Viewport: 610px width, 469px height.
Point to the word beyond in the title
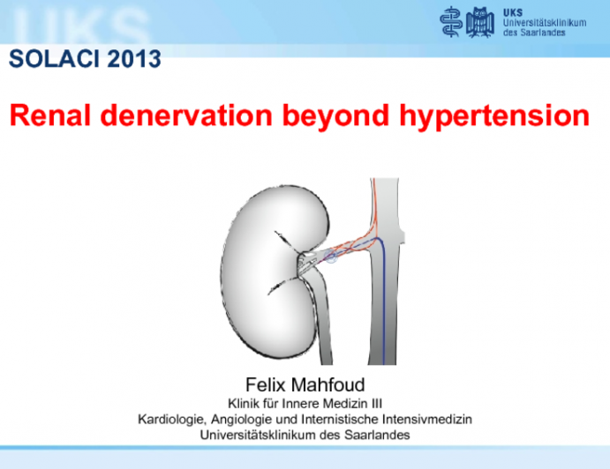(339, 115)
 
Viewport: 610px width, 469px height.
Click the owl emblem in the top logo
(481, 21)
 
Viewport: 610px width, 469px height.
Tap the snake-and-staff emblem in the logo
(452, 21)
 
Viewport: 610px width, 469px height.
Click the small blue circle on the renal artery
(332, 257)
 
